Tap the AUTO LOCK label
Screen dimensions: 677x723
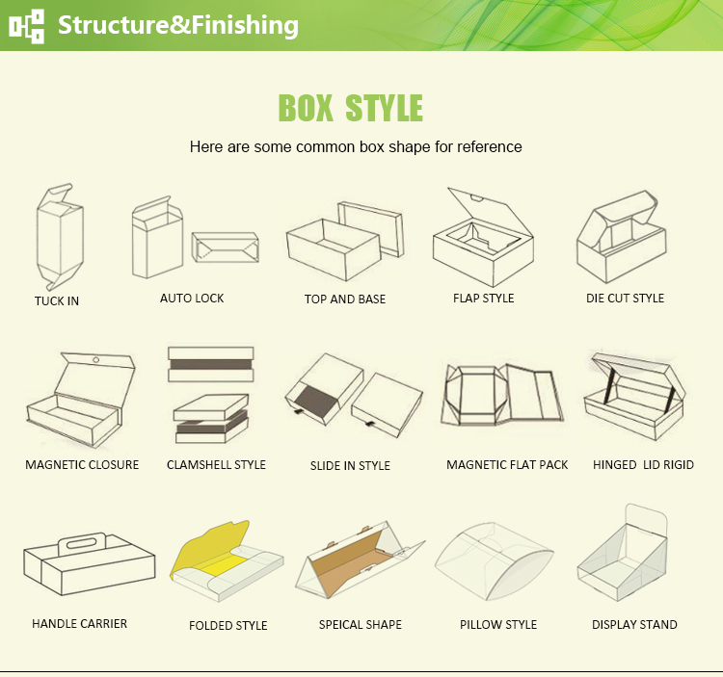192,299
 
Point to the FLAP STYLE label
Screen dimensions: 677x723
483,299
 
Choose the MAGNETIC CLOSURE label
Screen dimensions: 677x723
82,465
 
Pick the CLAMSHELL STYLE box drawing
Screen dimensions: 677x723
210,395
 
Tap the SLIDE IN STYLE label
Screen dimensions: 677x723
350,466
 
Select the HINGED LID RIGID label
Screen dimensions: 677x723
643,465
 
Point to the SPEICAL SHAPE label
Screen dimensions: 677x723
360,625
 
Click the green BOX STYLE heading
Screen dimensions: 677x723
350,108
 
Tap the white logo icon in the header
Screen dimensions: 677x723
27,25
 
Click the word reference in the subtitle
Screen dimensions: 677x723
489,147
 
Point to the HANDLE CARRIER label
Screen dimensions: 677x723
79,624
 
